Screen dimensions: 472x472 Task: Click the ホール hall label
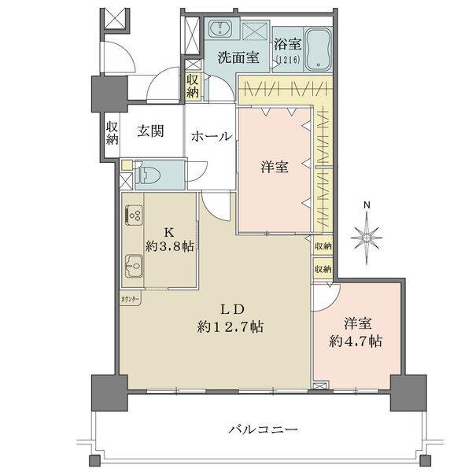click(x=211, y=136)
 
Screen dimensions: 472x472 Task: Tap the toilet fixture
click(x=150, y=174)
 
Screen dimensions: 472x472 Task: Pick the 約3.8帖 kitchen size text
click(x=168, y=245)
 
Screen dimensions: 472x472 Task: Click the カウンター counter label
click(x=131, y=301)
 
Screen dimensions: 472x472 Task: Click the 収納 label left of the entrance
click(x=112, y=134)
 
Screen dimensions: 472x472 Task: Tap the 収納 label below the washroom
click(x=193, y=87)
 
